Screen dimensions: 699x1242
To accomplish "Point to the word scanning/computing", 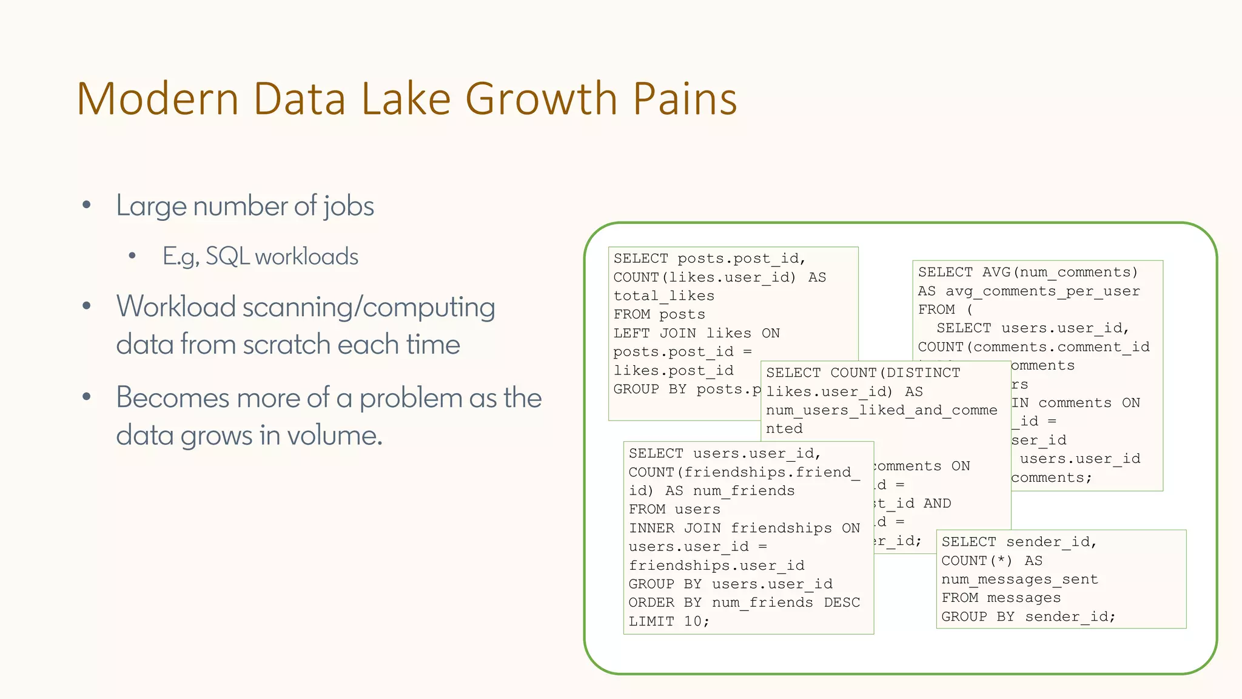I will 368,308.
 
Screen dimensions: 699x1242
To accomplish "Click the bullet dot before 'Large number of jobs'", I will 87,205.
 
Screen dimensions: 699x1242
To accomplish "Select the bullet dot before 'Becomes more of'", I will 87,397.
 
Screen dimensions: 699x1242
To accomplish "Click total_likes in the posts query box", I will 663,296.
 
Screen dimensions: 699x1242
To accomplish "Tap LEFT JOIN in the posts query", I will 655,333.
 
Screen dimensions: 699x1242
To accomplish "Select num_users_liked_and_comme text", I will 881,410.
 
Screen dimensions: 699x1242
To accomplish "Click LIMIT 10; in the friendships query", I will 669,621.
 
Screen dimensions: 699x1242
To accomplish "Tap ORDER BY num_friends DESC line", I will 744,603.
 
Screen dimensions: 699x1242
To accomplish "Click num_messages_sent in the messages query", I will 1019,579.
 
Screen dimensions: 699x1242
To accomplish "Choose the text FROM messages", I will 1001,598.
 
